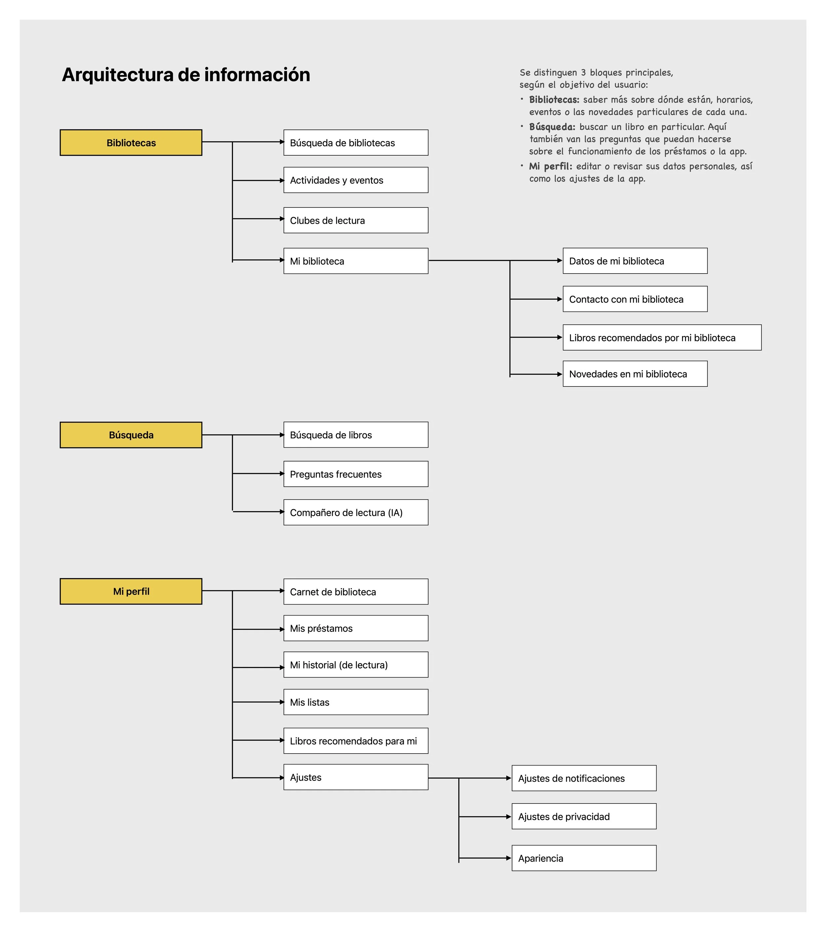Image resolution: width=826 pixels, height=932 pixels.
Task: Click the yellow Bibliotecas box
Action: click(131, 143)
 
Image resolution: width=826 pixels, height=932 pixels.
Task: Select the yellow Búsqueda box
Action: click(131, 435)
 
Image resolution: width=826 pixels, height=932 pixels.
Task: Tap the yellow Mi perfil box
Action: click(131, 591)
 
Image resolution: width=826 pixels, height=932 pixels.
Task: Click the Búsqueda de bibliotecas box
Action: click(356, 143)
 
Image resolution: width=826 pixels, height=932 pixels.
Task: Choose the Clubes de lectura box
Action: click(356, 220)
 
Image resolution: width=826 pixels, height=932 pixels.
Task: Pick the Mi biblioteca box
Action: click(356, 261)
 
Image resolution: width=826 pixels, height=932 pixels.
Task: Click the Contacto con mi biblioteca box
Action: click(635, 299)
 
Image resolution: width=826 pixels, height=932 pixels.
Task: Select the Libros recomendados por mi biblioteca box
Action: click(662, 337)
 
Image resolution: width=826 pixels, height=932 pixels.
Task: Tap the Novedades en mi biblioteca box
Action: click(635, 374)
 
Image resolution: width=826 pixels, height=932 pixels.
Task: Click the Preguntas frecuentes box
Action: click(356, 474)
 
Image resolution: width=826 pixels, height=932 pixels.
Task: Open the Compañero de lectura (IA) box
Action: click(356, 512)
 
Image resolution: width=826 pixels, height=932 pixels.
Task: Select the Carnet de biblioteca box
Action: click(356, 592)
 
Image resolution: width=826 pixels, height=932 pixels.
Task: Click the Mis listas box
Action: click(356, 702)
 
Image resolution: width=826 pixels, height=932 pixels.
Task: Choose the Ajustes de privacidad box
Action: click(584, 817)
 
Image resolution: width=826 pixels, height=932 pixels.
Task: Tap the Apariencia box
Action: click(584, 858)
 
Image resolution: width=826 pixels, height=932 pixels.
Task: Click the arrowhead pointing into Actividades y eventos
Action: click(282, 181)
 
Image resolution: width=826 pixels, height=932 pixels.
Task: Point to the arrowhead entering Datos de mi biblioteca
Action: click(560, 260)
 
